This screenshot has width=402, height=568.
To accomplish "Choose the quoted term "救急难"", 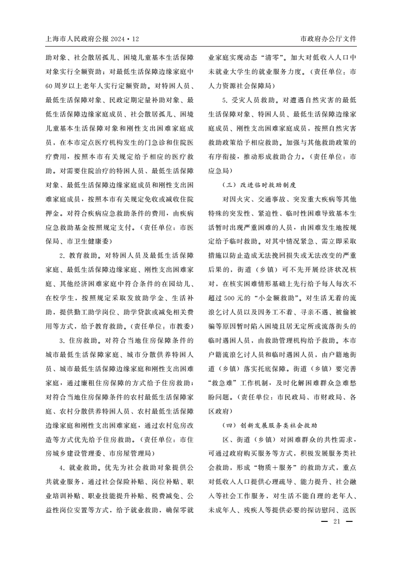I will click(223, 383).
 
